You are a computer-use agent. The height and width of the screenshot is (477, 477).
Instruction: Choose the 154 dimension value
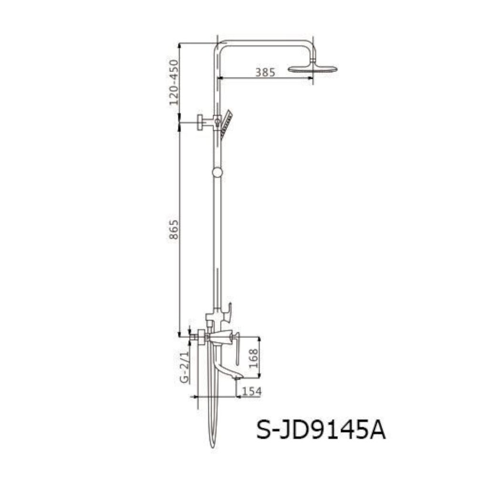pos(251,391)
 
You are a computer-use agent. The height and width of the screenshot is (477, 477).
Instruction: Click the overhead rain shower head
pos(312,69)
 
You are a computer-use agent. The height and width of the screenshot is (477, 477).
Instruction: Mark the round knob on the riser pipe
pos(218,172)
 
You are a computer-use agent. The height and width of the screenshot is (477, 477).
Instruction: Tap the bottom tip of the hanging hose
pos(212,446)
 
